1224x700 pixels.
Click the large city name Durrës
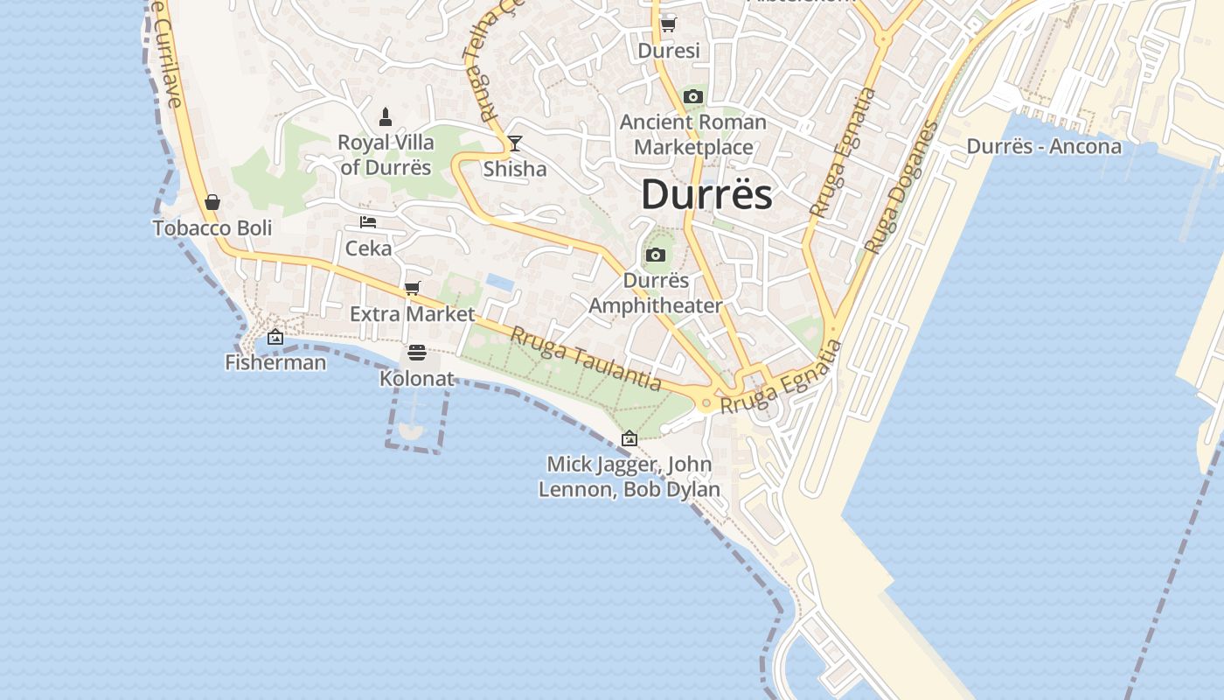coord(706,194)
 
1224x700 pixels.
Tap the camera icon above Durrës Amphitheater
coord(656,255)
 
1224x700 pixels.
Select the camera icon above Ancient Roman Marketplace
coord(693,96)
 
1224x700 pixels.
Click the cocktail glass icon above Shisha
coord(515,143)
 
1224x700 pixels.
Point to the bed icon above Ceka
coord(368,222)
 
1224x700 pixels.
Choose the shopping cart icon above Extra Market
coord(413,288)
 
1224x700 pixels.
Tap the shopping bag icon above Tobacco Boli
coord(212,202)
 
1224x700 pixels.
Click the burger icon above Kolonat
coord(417,353)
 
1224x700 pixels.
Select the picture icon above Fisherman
coord(275,336)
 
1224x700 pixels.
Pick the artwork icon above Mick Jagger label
coord(629,438)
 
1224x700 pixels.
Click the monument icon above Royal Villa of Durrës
coord(386,116)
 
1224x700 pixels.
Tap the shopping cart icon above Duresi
coord(669,24)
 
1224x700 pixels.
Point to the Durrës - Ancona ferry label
coord(1044,146)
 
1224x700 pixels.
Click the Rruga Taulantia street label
coord(586,358)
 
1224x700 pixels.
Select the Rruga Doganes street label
coord(901,187)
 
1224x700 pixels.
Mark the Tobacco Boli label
coord(212,228)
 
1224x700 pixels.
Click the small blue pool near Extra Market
coord(500,282)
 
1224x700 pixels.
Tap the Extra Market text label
coord(413,313)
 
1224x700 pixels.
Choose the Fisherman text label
coord(275,361)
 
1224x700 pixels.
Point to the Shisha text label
coord(515,169)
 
